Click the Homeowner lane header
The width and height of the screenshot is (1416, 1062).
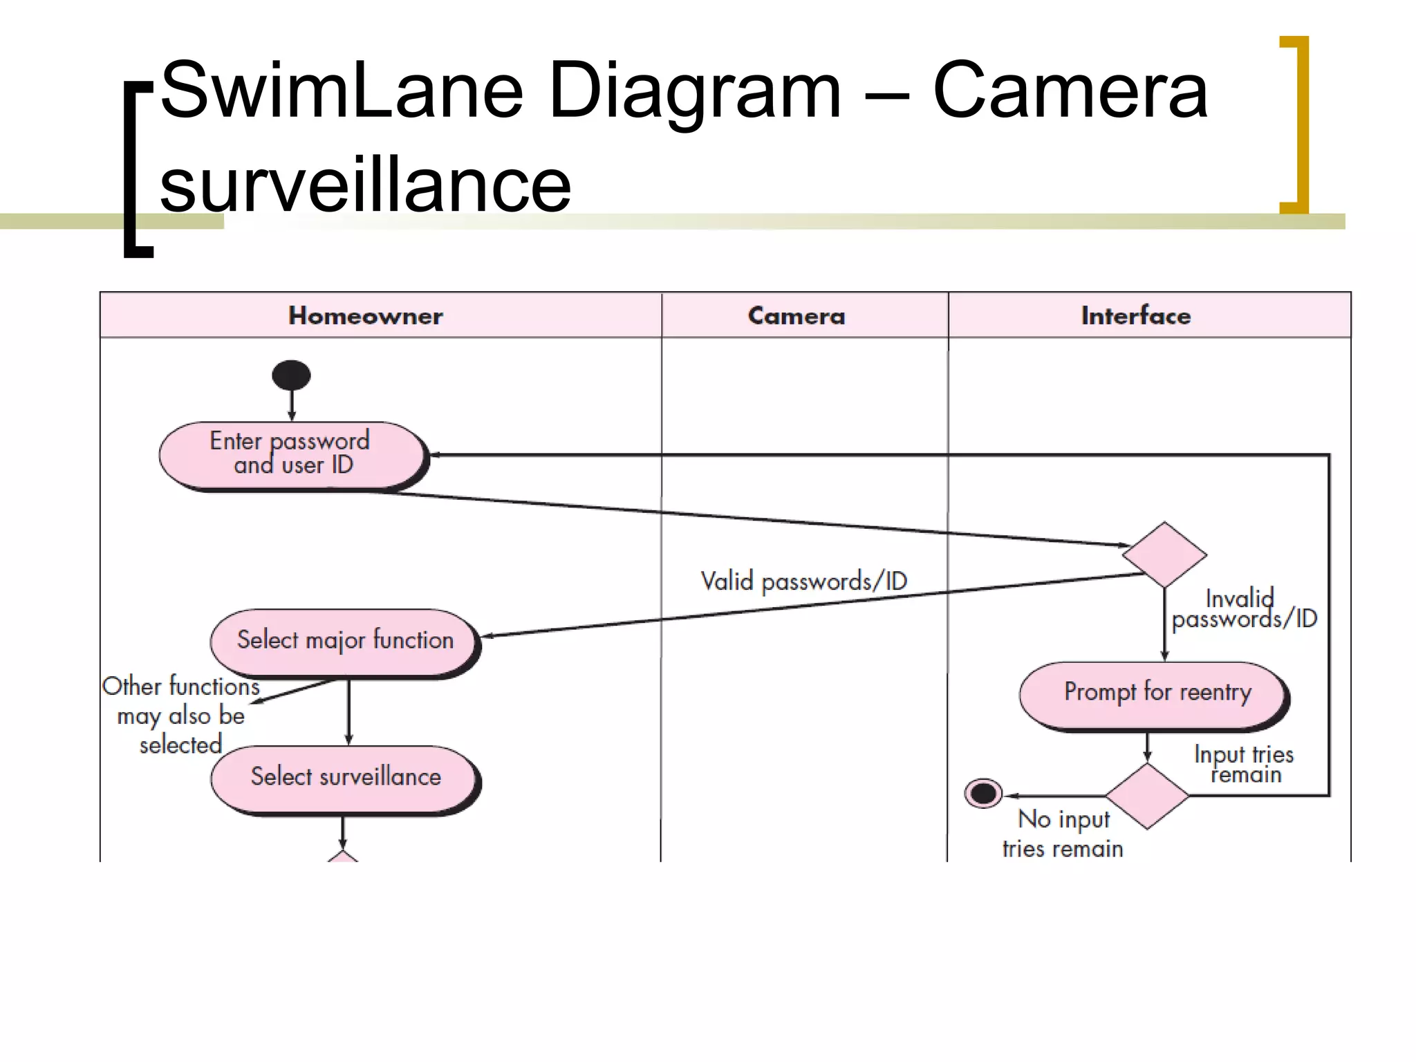[x=366, y=316]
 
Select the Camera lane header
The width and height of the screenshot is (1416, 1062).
[x=796, y=316]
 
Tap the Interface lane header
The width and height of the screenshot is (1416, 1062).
[x=1136, y=316]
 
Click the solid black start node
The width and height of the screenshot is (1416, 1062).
[x=291, y=375]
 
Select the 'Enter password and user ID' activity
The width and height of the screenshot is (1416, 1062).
[x=291, y=454]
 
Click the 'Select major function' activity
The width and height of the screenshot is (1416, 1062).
[x=344, y=640]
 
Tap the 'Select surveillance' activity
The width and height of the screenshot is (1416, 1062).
[x=344, y=777]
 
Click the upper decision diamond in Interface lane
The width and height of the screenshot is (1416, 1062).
[x=1164, y=555]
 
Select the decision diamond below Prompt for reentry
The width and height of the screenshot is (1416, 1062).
[x=1147, y=796]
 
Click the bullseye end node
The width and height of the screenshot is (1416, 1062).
[x=983, y=793]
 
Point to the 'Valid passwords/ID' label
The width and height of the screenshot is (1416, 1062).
[x=803, y=581]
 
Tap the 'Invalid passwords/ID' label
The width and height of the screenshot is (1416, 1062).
[x=1244, y=609]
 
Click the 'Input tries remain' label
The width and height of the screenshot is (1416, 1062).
[x=1244, y=764]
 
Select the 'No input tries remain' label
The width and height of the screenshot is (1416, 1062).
[x=1063, y=834]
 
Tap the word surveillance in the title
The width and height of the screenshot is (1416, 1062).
[x=365, y=185]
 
